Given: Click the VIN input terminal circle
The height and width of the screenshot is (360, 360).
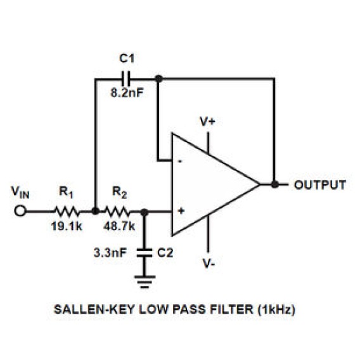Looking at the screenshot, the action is (x=20, y=211).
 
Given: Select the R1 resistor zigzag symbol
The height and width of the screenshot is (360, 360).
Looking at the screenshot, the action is (x=67, y=212).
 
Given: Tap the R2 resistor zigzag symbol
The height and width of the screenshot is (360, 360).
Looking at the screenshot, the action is (x=117, y=212).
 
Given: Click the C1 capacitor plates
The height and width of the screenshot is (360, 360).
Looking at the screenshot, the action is (x=125, y=79).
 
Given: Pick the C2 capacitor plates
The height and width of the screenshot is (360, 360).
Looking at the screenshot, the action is (x=144, y=252).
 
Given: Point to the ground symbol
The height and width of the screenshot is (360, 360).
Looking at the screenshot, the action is (x=145, y=281).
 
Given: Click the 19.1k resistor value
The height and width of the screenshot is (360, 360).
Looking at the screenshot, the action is (x=67, y=226).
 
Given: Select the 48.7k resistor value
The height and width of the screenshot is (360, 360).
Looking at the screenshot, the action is (x=119, y=226).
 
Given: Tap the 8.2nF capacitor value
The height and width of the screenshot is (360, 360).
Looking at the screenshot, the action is (x=127, y=93).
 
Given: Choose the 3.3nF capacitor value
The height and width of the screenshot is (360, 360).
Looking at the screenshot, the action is (x=110, y=253).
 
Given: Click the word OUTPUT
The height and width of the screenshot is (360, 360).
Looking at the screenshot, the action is (x=320, y=185).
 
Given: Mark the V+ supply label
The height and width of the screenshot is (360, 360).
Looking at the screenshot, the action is (x=207, y=121).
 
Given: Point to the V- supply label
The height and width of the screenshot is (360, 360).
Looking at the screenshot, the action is (x=209, y=263).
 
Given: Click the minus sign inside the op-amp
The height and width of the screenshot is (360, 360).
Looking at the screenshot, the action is (x=180, y=161).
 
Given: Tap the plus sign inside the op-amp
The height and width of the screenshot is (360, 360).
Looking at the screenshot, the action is (x=181, y=211).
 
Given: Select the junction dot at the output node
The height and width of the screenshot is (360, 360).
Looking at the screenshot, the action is (x=274, y=184).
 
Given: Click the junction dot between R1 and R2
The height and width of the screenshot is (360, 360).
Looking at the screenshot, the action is (x=95, y=211).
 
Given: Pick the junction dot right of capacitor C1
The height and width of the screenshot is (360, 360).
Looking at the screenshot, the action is (x=158, y=79).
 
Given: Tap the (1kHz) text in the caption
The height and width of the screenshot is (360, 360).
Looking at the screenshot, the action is (x=276, y=309).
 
